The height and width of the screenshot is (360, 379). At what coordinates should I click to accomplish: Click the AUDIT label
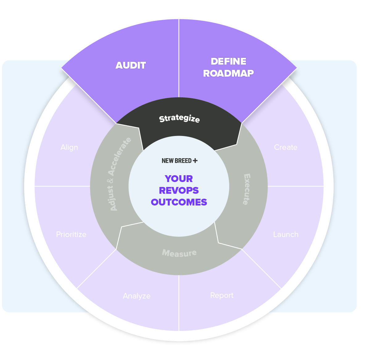pos(131,66)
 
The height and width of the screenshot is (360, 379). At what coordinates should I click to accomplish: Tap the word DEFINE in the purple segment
pos(228,61)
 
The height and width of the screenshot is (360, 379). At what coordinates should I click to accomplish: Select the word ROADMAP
pos(228,73)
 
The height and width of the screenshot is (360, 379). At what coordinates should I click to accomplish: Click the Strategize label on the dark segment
pos(179,118)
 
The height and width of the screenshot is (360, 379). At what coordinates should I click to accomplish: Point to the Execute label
pos(247,189)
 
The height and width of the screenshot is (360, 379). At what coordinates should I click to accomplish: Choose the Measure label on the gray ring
pos(179,253)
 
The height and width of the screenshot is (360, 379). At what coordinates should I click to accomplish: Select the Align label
pos(69,147)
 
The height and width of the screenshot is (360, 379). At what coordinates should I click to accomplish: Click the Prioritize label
pos(71,235)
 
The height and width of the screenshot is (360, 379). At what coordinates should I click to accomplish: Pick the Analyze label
pos(137,296)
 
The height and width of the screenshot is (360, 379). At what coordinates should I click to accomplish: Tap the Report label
pos(222,295)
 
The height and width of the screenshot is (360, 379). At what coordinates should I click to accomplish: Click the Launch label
pos(286,235)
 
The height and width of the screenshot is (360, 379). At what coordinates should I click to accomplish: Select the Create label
pos(286,147)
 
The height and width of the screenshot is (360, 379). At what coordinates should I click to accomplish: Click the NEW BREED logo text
pos(177,161)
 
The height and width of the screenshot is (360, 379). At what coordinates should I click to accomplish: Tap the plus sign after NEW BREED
pos(195,161)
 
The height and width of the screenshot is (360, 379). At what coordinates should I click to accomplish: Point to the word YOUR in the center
pos(179,179)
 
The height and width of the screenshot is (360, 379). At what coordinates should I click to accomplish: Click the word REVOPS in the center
pos(179,190)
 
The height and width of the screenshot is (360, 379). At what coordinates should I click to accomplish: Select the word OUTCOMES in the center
pos(179,202)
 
